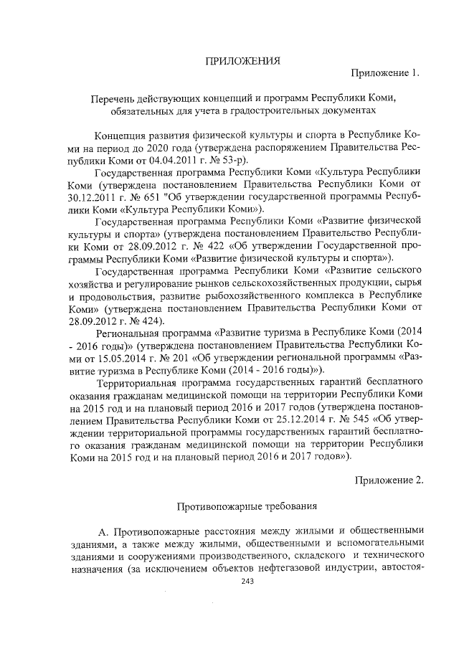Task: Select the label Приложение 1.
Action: pyautogui.click(x=384, y=74)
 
